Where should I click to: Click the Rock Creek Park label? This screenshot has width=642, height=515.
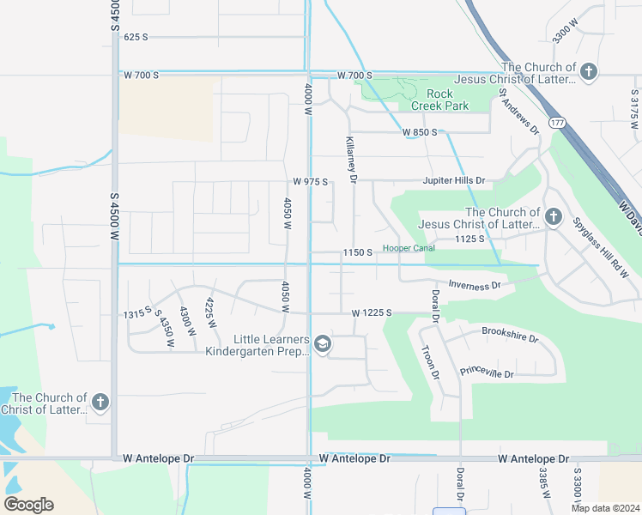coord(439,100)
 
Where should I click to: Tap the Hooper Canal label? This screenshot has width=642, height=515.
coord(409,248)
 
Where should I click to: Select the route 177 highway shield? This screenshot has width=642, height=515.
coord(558,123)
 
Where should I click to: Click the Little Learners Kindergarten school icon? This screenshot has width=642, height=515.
coord(323,345)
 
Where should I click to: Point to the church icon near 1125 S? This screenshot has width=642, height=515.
coord(554,217)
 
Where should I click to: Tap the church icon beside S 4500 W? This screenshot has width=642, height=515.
coord(100,403)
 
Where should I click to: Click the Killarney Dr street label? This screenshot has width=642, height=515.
coord(351,159)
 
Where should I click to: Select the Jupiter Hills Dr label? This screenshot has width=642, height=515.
coord(453,181)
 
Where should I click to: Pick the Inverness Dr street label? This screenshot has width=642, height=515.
coord(475,286)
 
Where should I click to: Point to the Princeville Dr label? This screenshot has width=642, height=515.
coord(487,374)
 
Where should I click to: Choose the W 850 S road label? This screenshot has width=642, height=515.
coord(420,132)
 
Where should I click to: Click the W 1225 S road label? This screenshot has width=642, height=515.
coord(371,313)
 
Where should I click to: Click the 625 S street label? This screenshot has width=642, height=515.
coord(136,37)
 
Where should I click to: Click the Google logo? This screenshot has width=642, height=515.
coord(28,505)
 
